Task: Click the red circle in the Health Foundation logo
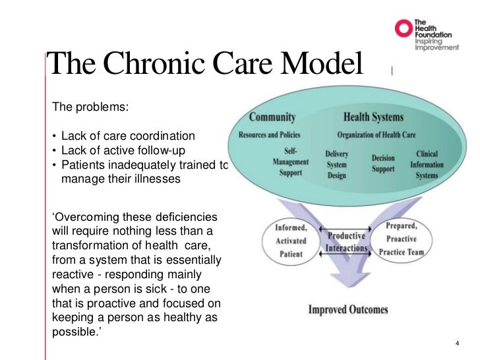tap(402, 28)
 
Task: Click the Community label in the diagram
tap(272, 117)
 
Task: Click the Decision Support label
tap(383, 164)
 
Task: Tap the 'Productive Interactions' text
tap(346, 242)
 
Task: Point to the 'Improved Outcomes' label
tap(348, 309)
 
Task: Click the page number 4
tap(458, 344)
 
